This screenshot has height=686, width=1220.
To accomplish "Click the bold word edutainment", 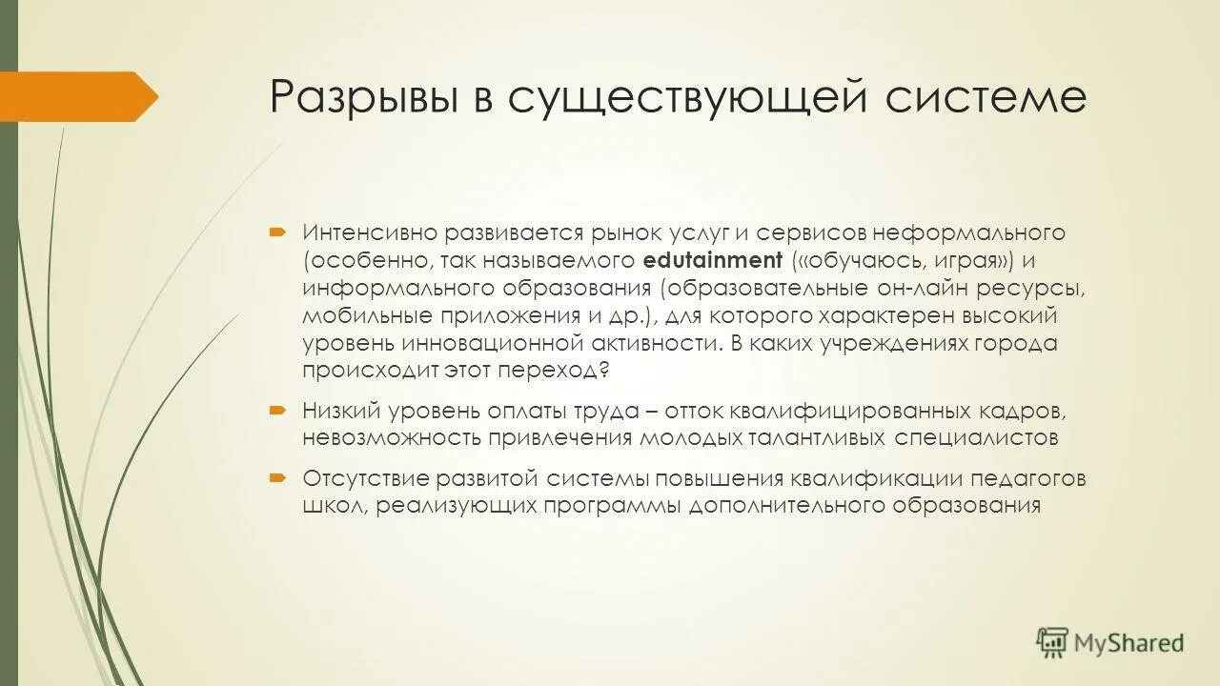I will click(x=713, y=260).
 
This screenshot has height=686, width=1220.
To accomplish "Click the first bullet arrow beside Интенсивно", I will click(x=276, y=232).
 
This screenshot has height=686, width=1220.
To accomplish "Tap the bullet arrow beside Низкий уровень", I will click(x=276, y=411).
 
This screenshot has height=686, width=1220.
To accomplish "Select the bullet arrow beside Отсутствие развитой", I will click(x=276, y=477).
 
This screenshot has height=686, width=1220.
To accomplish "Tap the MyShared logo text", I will click(x=1128, y=643).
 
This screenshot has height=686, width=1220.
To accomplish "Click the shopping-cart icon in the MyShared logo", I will click(x=1052, y=642).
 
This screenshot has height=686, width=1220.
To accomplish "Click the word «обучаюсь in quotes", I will click(x=848, y=260).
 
